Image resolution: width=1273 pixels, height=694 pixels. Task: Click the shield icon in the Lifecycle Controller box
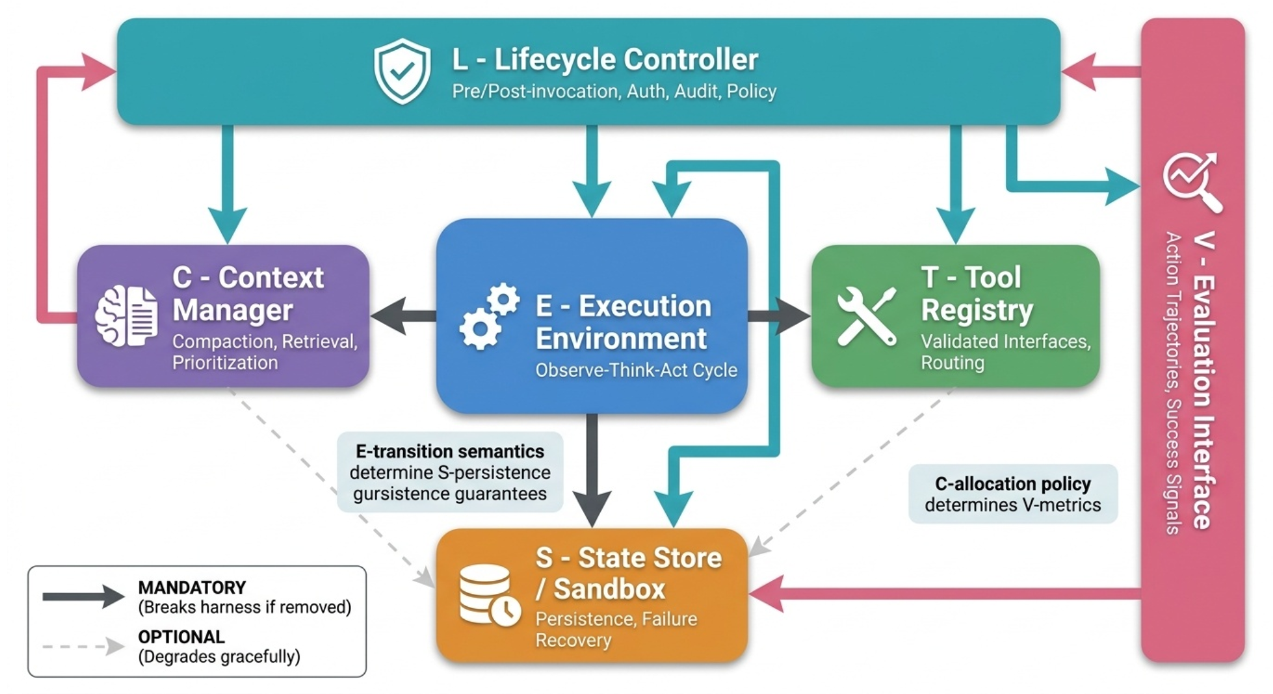pyautogui.click(x=402, y=71)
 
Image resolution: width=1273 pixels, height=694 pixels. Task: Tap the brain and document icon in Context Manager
pyautogui.click(x=126, y=316)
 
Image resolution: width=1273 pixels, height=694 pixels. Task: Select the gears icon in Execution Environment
pyautogui.click(x=490, y=316)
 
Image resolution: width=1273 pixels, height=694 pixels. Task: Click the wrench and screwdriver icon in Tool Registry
pyautogui.click(x=867, y=316)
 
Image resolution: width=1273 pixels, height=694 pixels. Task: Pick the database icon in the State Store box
pyautogui.click(x=490, y=595)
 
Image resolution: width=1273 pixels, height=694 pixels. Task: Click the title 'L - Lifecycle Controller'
pyautogui.click(x=605, y=59)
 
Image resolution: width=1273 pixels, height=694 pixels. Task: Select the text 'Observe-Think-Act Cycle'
pyautogui.click(x=636, y=370)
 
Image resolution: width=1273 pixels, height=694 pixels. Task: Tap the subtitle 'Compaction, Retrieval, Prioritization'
pyautogui.click(x=265, y=352)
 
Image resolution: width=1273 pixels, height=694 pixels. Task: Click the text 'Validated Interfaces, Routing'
pyautogui.click(x=1005, y=352)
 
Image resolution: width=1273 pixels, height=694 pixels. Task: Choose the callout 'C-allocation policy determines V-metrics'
pyautogui.click(x=1013, y=494)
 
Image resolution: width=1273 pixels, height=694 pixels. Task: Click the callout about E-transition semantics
pyautogui.click(x=450, y=472)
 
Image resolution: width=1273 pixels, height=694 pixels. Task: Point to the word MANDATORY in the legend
pyautogui.click(x=192, y=587)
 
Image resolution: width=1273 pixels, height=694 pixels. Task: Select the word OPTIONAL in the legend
pyautogui.click(x=181, y=637)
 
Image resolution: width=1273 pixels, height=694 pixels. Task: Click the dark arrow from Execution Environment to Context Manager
pyautogui.click(x=404, y=316)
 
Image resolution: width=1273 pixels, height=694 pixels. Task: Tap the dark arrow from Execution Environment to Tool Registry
pyautogui.click(x=779, y=316)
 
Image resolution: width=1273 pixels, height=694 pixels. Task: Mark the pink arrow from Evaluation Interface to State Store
pyautogui.click(x=945, y=593)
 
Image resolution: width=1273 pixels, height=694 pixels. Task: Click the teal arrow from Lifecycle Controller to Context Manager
pyautogui.click(x=227, y=185)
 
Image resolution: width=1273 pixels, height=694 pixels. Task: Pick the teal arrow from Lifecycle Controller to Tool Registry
pyautogui.click(x=955, y=185)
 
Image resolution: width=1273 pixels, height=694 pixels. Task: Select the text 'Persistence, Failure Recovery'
pyautogui.click(x=616, y=629)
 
